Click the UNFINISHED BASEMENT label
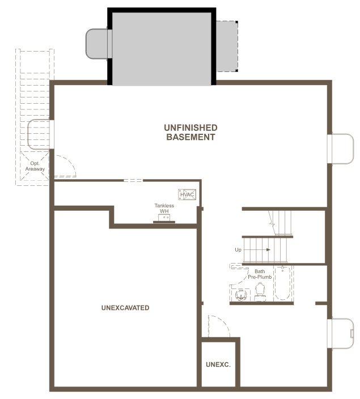pos(190,132)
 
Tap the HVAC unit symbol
pos(187,194)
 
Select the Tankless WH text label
pos(164,208)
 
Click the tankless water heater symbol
pos(164,219)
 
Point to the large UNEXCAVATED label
pos(125,308)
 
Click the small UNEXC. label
pos(218,364)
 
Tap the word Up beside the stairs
pos(238,249)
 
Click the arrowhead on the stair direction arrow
pos(268,249)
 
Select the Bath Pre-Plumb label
pos(260,274)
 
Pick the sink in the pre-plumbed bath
pos(241,295)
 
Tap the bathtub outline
pos(282,283)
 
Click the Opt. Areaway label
pos(35,166)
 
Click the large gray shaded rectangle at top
pos(162,49)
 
